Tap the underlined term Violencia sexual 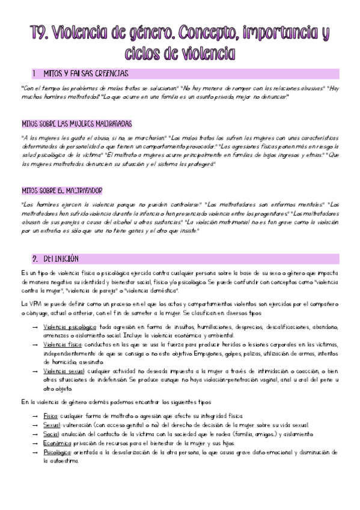[63, 372]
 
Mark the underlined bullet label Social [51, 434]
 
